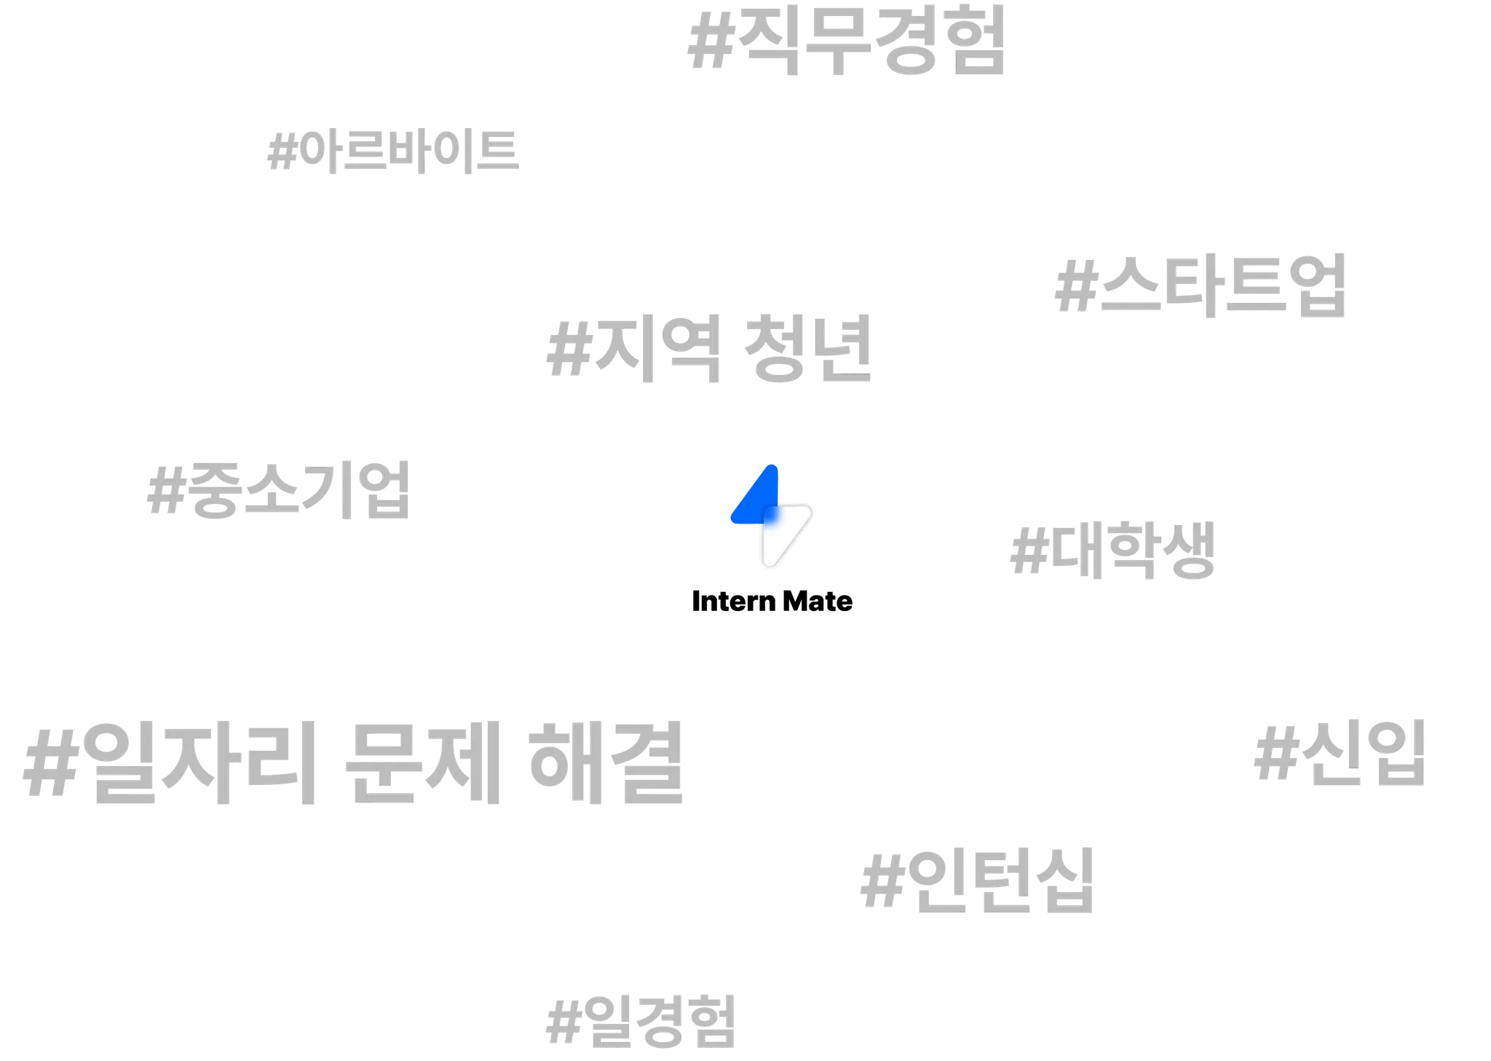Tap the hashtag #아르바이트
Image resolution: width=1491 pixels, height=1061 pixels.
(394, 151)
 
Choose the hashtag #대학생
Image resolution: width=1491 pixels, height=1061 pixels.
(1112, 551)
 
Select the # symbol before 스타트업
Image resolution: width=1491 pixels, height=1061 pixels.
(1075, 287)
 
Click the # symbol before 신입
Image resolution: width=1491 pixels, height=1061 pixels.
(1273, 755)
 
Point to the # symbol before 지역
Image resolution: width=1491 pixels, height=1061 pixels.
(568, 348)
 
